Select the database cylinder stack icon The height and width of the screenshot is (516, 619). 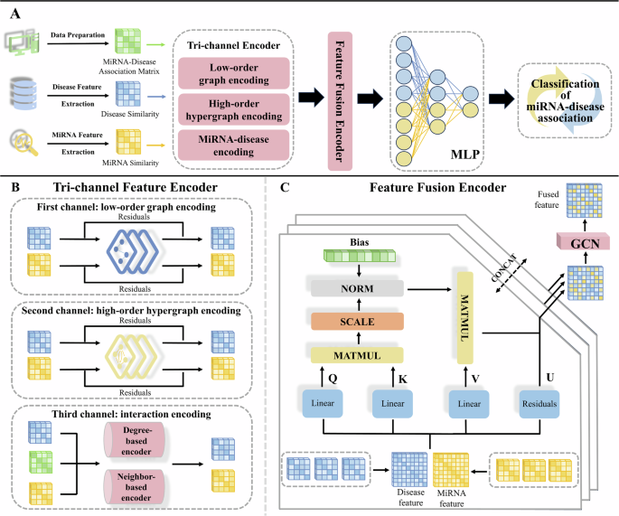tap(21, 90)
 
